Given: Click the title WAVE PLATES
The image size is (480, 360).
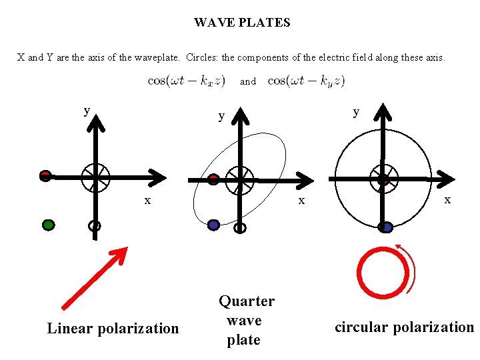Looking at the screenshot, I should (x=242, y=23).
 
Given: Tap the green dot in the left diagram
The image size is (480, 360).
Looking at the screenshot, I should (x=48, y=225).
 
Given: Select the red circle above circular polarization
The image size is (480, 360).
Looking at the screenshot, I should (x=383, y=273).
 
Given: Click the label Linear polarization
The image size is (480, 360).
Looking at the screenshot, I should (x=113, y=328).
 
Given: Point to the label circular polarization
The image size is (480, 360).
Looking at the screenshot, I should (x=403, y=327).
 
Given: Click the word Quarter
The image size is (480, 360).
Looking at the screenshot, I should (x=247, y=301).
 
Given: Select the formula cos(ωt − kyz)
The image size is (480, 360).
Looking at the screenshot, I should (x=306, y=81).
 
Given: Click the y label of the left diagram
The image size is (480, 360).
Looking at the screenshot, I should (x=87, y=110).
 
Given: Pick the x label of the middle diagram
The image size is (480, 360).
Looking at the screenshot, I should (x=301, y=200).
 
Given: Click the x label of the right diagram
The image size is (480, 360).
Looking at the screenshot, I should (x=447, y=199).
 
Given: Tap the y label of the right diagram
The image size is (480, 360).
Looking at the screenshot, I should (x=356, y=111).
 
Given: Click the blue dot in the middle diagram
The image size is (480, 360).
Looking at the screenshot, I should (x=213, y=225).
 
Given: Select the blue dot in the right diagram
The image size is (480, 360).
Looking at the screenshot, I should (x=385, y=227).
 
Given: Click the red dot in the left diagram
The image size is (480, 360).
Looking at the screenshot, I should (x=45, y=176).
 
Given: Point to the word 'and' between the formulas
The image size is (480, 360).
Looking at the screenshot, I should (x=248, y=81).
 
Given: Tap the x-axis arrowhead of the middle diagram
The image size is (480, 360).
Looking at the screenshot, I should (x=304, y=179).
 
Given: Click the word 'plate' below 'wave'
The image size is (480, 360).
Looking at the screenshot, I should (x=243, y=340).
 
